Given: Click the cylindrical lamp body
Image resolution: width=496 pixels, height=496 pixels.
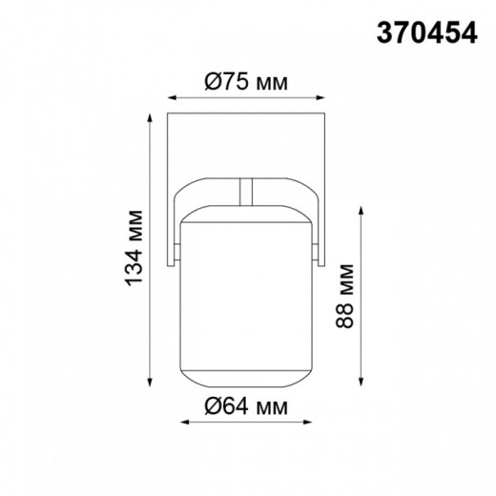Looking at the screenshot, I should (x=247, y=296).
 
